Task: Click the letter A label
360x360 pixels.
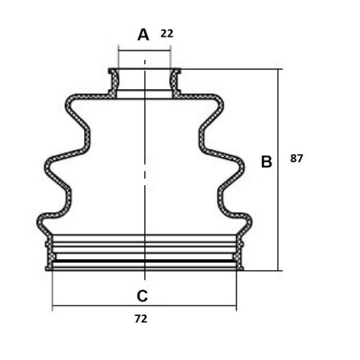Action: (x=143, y=35)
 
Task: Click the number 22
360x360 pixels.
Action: (x=167, y=34)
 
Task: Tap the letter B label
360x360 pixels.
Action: (x=266, y=161)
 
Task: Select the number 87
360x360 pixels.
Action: (x=297, y=158)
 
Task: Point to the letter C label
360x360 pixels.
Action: (x=143, y=296)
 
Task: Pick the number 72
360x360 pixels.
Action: (x=141, y=319)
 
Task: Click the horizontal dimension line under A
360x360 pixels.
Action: (x=145, y=50)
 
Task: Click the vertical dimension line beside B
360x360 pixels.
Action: (x=278, y=170)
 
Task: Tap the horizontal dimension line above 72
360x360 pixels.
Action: (x=144, y=306)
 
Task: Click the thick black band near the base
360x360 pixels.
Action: (x=144, y=261)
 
